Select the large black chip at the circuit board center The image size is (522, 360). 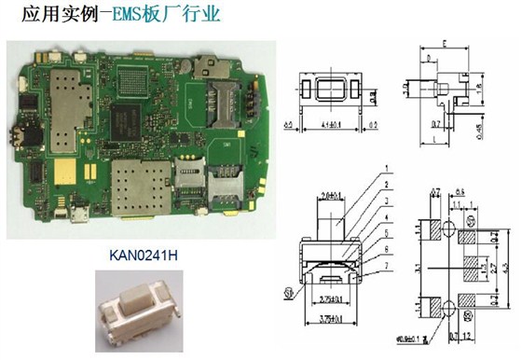coord(130,118)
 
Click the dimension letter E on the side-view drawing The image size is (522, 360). coord(446,45)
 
